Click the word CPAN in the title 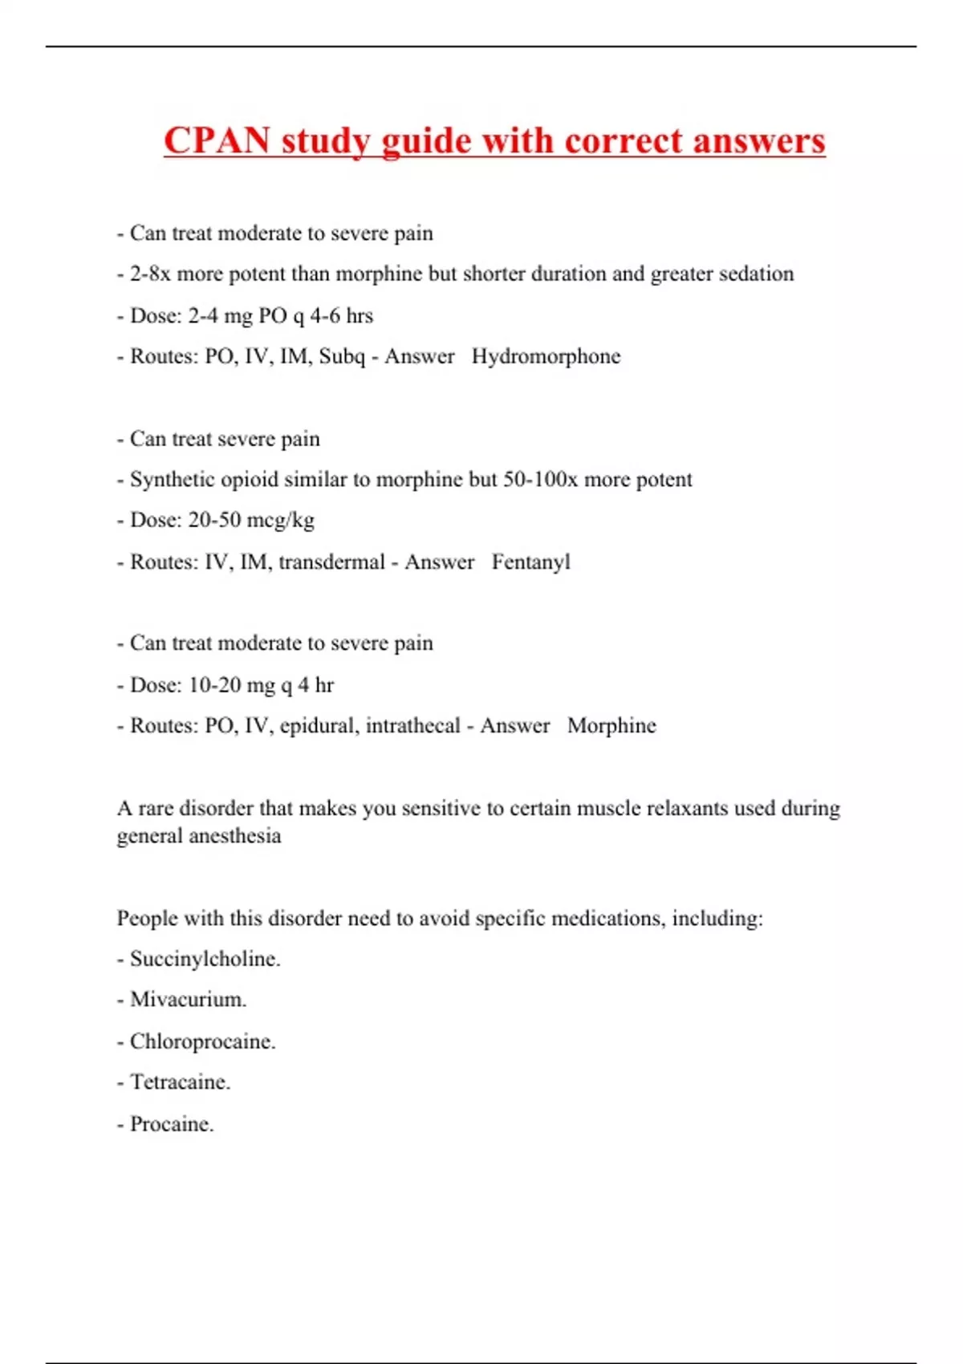217,141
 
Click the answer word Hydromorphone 546,356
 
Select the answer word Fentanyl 530,562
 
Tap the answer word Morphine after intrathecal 612,725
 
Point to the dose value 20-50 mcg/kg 251,520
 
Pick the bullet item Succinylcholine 205,959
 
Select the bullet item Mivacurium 188,1000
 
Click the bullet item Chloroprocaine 202,1041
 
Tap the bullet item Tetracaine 180,1082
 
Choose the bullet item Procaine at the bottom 171,1124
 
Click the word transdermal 331,562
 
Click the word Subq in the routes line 342,356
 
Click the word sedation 755,274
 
